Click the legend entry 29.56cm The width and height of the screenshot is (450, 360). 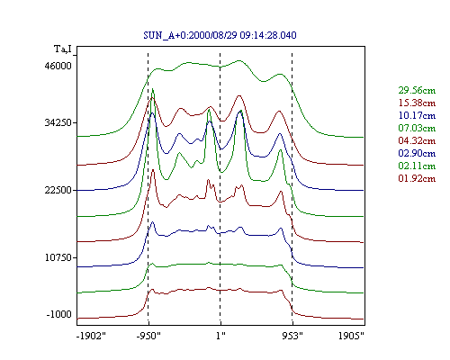click(417, 90)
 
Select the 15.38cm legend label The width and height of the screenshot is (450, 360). click(417, 103)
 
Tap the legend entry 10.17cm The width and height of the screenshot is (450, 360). click(417, 115)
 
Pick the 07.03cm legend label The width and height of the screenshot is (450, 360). click(417, 128)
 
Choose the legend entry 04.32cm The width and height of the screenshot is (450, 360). click(417, 140)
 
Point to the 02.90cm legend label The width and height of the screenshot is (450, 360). click(417, 153)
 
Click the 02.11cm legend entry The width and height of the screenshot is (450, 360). click(417, 166)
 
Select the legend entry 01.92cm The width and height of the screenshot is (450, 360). click(417, 178)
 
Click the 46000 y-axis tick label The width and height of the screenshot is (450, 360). click(58, 66)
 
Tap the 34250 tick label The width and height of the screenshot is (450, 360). click(58, 122)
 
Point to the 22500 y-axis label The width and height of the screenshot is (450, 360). click(58, 190)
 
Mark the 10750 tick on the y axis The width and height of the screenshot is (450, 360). click(58, 257)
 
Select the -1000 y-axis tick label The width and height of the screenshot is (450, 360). click(59, 314)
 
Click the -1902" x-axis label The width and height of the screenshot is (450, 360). click(91, 336)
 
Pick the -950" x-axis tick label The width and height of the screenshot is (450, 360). click(148, 336)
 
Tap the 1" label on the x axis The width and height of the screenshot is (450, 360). click(220, 336)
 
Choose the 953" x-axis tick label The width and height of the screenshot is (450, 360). click(292, 336)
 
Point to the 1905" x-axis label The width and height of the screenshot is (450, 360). click(351, 336)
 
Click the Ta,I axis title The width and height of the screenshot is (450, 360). click(63, 49)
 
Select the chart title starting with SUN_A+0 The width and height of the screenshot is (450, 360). click(220, 35)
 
